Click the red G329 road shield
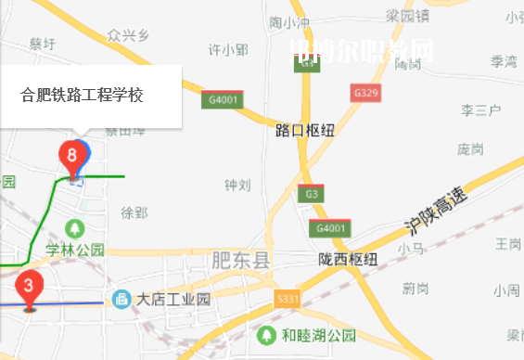click(366, 93)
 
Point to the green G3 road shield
click(311, 194)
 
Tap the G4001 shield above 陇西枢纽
click(330, 228)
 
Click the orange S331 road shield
click(288, 299)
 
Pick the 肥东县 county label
click(240, 261)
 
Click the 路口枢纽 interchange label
click(305, 131)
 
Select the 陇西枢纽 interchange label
click(346, 259)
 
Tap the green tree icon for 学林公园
click(75, 227)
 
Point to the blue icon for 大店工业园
click(121, 299)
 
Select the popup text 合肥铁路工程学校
click(82, 95)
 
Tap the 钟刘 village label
click(237, 185)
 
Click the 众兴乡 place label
click(128, 36)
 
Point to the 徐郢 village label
click(134, 212)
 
